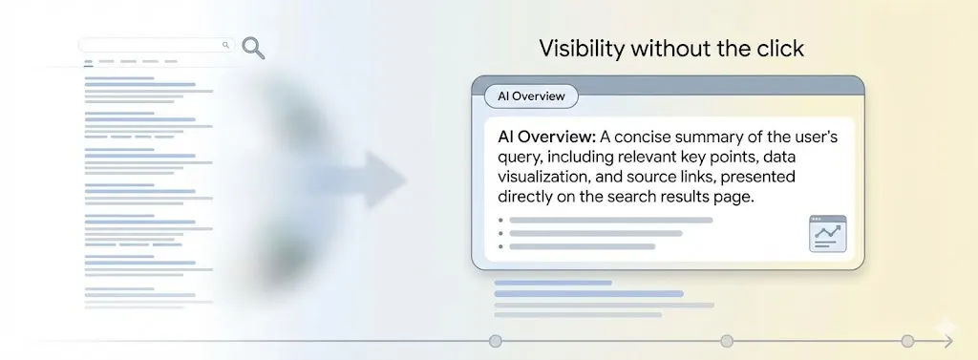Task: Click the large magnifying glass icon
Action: [x=252, y=48]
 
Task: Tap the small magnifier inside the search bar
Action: [x=225, y=45]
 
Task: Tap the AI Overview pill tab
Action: [x=531, y=96]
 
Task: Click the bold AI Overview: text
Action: [x=547, y=138]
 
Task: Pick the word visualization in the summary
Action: [x=545, y=177]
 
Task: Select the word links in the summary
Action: [x=697, y=177]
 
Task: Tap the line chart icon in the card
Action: [x=828, y=234]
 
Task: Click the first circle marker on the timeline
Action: [x=496, y=341]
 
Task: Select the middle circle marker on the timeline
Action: [x=727, y=341]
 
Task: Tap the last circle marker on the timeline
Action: [x=907, y=341]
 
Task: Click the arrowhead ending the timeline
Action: [x=948, y=341]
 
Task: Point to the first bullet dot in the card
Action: [x=500, y=221]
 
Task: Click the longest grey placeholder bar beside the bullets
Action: [x=611, y=221]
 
